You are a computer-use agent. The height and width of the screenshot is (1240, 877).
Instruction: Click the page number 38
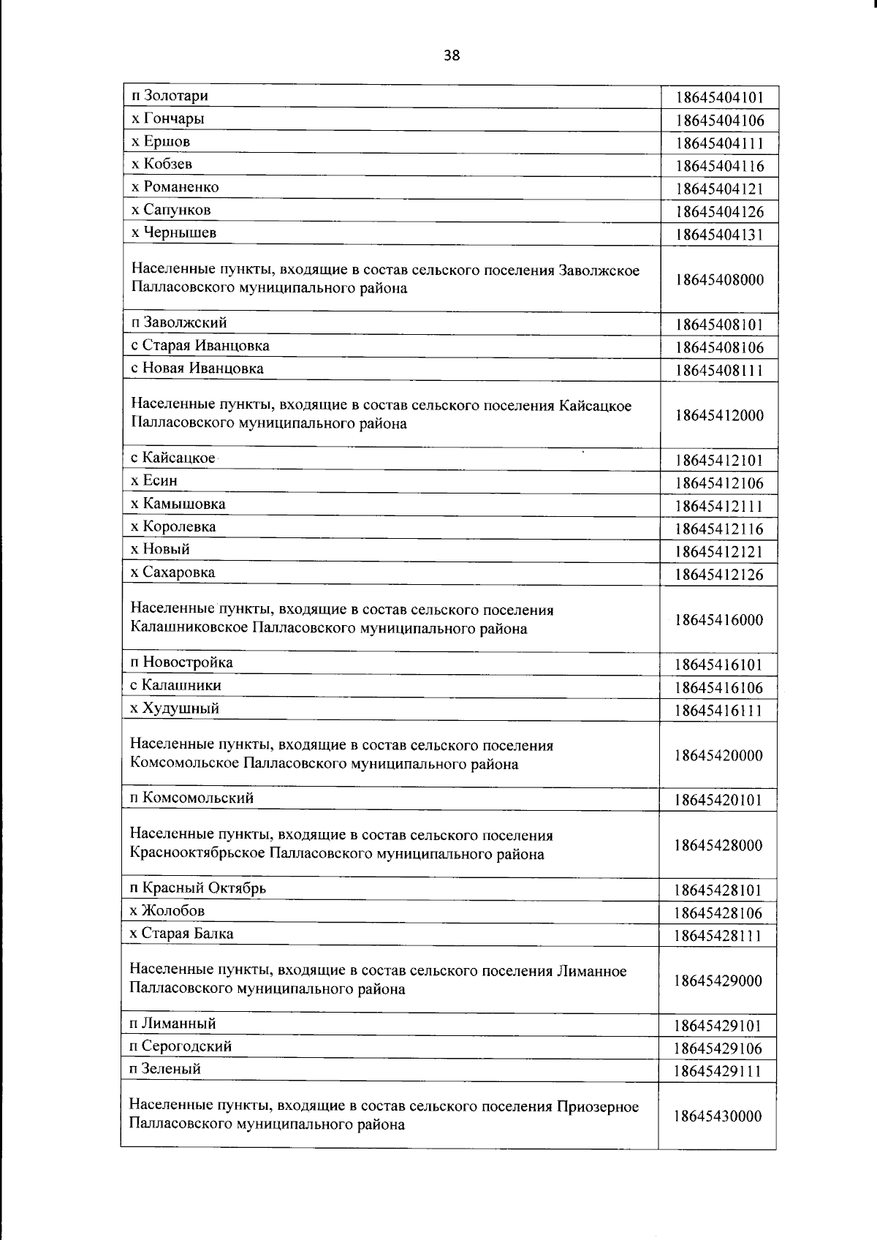[x=452, y=55]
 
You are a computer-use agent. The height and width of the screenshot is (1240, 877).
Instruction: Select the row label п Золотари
[x=169, y=96]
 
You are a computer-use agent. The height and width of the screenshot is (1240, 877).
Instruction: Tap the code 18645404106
[x=719, y=121]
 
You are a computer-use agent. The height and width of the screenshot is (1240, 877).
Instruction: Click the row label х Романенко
[x=175, y=187]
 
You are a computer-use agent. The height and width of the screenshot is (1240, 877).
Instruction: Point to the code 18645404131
[x=719, y=235]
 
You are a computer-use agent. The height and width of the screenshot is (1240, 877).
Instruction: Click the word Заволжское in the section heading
[x=599, y=271]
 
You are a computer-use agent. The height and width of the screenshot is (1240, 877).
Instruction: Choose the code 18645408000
[x=719, y=280]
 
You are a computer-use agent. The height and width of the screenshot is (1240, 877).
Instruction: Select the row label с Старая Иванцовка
[x=200, y=346]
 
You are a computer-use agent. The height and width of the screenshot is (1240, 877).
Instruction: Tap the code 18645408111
[x=719, y=371]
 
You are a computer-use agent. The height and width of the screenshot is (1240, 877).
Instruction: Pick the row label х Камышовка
[x=178, y=504]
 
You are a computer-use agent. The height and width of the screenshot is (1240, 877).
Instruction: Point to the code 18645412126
[x=719, y=575]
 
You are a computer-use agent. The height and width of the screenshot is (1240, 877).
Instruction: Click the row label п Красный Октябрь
[x=197, y=888]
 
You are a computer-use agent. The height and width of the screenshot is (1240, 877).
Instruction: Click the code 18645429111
[x=718, y=1072]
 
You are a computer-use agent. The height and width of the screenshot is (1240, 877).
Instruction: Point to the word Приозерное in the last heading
[x=597, y=1107]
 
